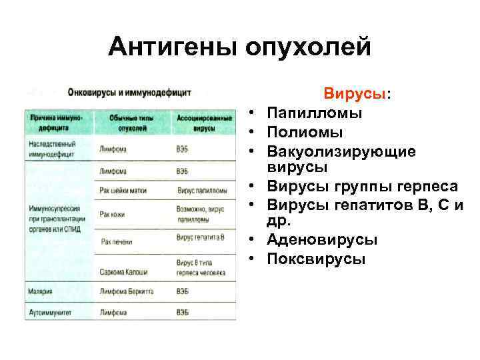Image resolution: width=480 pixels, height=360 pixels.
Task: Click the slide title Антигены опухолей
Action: click(239, 46)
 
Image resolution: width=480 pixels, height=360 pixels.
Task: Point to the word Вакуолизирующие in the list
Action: click(341, 152)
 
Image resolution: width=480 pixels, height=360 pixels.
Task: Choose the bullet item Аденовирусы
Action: click(322, 239)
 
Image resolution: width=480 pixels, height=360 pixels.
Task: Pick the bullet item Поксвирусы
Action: click(316, 259)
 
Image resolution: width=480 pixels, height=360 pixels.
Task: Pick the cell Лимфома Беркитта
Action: click(127, 292)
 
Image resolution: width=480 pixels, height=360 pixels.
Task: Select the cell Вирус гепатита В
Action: click(201, 237)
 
